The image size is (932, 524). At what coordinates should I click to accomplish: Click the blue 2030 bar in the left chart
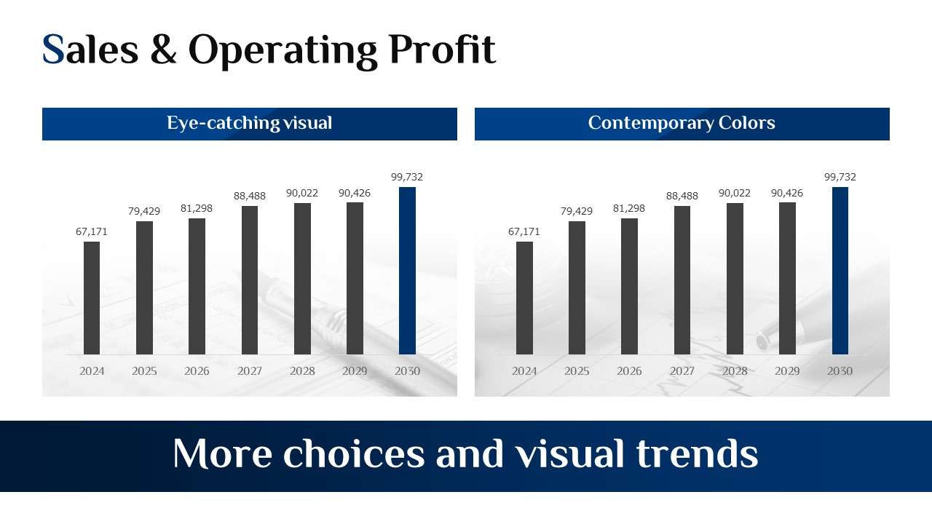coord(407,271)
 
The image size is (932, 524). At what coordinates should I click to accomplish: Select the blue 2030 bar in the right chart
coord(840,271)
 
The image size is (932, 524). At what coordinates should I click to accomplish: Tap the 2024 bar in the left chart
coord(92,298)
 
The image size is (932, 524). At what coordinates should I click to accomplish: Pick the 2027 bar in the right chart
coord(682,280)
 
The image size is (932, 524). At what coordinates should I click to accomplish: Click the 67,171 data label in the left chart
coord(92,231)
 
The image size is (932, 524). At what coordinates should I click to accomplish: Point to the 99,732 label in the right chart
coord(840,177)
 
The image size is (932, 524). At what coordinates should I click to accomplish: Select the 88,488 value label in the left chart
coord(250,196)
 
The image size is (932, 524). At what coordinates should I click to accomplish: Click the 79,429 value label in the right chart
coord(576,211)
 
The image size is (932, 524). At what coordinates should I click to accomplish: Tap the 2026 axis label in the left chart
coord(197,371)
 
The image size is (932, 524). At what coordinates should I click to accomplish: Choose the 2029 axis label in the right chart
coord(787,371)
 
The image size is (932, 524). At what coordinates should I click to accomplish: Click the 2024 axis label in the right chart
coord(524,371)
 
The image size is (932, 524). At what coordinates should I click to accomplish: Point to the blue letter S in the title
coord(53,49)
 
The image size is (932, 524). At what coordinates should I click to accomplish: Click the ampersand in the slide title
coord(164,49)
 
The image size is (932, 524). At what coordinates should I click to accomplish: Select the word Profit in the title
coord(442,49)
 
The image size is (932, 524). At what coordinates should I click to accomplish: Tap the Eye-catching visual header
coord(250,123)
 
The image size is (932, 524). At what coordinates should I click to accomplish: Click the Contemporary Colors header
coord(682,123)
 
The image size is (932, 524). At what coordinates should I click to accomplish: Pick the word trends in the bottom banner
coord(698,453)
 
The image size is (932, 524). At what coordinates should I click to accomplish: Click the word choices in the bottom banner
coord(354,453)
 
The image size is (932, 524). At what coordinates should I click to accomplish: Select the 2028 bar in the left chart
coord(302,279)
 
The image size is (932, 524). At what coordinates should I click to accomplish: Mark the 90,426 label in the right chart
coord(787,193)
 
